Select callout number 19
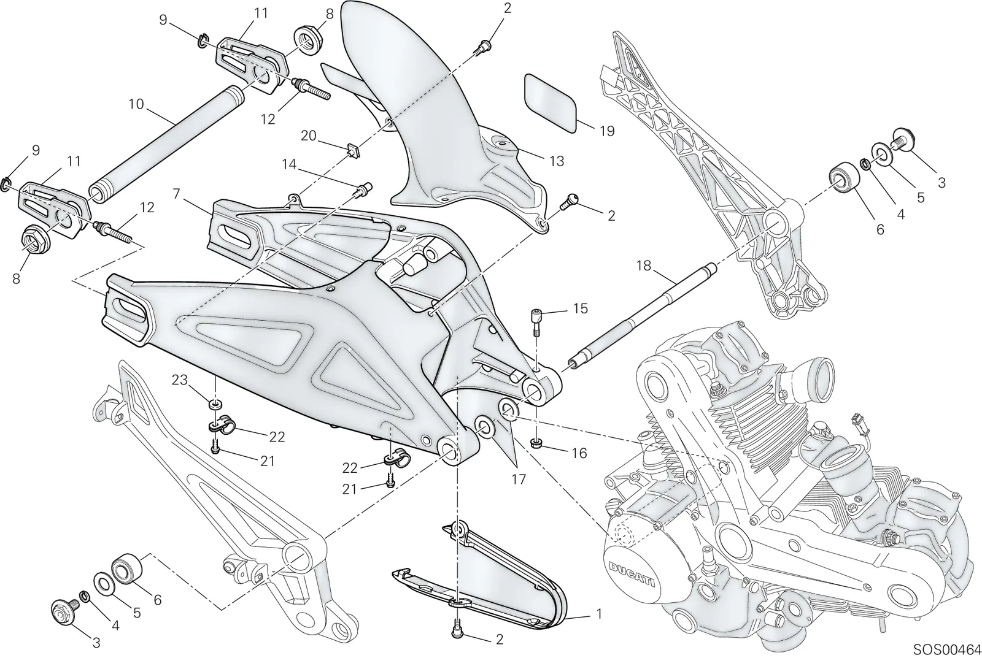click(x=607, y=131)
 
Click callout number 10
click(x=136, y=104)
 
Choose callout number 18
click(x=644, y=266)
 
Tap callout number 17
click(x=518, y=480)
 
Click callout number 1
click(x=599, y=614)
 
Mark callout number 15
click(x=580, y=308)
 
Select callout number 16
click(x=579, y=453)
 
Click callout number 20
click(x=309, y=136)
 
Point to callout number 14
click(x=289, y=164)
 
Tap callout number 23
click(x=180, y=380)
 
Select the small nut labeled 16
click(x=535, y=444)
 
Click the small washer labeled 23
click(x=215, y=404)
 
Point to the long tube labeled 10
click(x=166, y=147)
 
